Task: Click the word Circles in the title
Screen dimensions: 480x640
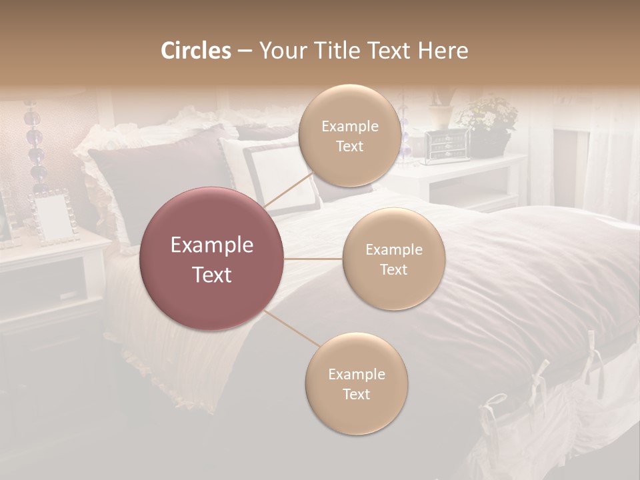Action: [x=195, y=51]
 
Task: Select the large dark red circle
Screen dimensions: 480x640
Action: [x=212, y=259]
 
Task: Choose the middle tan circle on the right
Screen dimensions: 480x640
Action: [x=393, y=259]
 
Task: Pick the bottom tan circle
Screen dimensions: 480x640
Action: [x=356, y=384]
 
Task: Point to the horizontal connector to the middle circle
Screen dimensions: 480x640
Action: [x=313, y=259]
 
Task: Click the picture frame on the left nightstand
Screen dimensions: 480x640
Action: [x=54, y=217]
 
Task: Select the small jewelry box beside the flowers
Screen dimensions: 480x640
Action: [x=446, y=145]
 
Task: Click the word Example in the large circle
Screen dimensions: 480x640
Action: [x=212, y=245]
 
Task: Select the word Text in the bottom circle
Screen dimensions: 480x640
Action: [x=356, y=394]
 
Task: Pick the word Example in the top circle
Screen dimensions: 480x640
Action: [x=349, y=127]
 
